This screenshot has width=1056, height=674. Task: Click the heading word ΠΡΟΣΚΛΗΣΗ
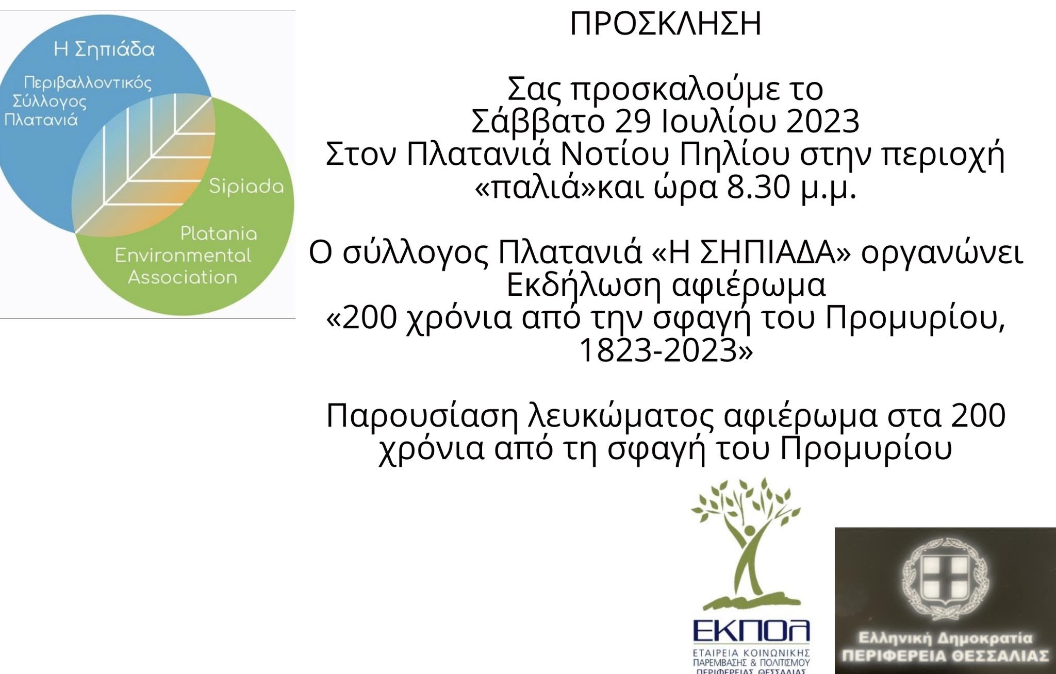pyautogui.click(x=665, y=24)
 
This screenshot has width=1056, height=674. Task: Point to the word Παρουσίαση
pyautogui.click(x=422, y=417)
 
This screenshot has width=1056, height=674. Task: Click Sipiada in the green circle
pyautogui.click(x=246, y=187)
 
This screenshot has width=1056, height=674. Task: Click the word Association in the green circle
pyautogui.click(x=183, y=278)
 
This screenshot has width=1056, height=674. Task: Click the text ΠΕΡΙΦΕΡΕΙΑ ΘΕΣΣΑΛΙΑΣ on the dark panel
pyautogui.click(x=945, y=656)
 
